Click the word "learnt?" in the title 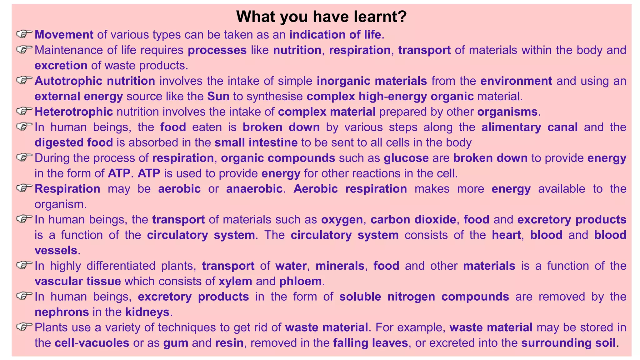[380, 17]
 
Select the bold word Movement [64, 35]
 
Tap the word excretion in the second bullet [61, 66]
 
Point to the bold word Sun [218, 96]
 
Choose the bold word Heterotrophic [74, 112]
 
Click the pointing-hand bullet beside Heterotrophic [24, 111]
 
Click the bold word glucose [406, 158]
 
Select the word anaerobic [254, 189]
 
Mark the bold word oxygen [342, 220]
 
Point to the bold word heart [506, 235]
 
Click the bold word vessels [56, 250]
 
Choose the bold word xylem [235, 281]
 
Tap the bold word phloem [300, 281]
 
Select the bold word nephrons [62, 312]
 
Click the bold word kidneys [147, 312]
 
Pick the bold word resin [229, 343]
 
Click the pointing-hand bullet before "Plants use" [24, 327]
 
